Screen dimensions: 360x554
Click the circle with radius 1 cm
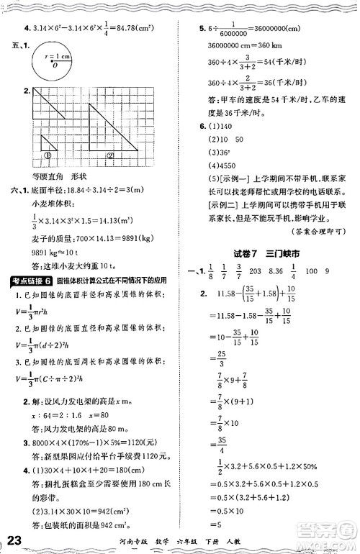point(54,67)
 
